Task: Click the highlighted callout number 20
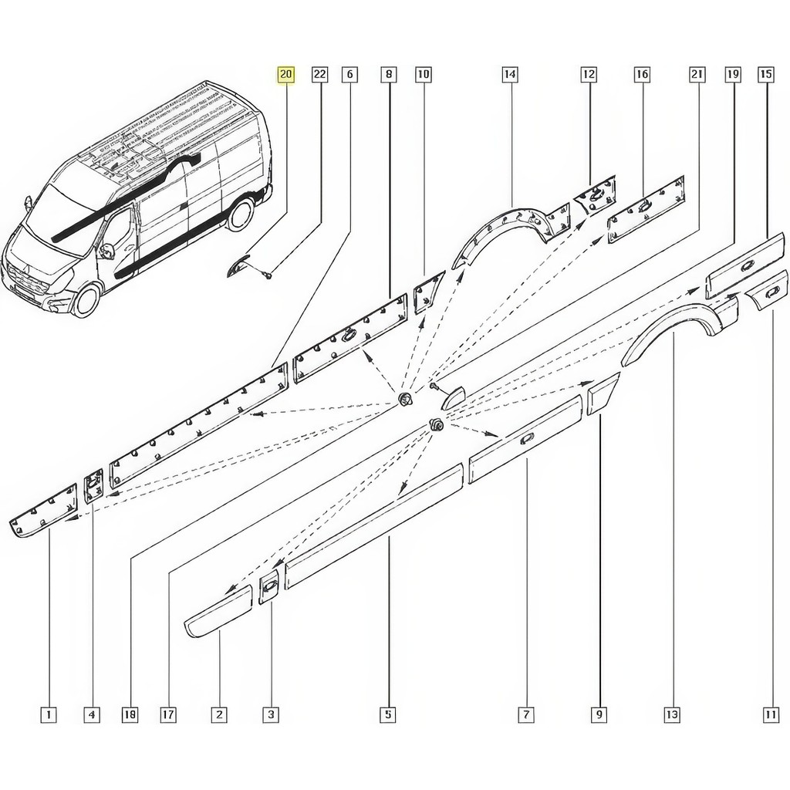pos(285,75)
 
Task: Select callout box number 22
pos(320,75)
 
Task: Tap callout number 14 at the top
pos(510,75)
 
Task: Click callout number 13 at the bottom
pos(672,714)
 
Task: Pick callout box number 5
pos(388,714)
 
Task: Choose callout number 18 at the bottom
pos(130,714)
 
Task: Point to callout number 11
pos(771,714)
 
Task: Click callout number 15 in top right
pos(765,75)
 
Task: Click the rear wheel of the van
pos(240,213)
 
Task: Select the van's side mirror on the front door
pos(106,251)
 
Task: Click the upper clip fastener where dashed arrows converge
pos(405,400)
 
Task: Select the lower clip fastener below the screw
pos(435,424)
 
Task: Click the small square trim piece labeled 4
pos(93,486)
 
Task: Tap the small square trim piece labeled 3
pos(268,587)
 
